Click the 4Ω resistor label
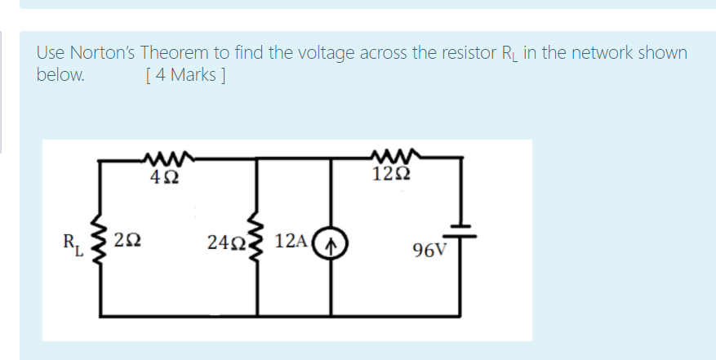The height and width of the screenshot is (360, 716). coord(161,174)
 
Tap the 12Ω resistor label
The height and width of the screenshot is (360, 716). coord(390,174)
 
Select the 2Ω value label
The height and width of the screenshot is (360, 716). coord(127,240)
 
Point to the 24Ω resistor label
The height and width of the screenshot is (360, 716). coord(225,242)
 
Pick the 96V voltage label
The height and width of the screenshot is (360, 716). coord(430,250)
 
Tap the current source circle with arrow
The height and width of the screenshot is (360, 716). coord(331,242)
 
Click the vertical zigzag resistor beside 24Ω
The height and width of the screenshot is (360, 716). coord(260,242)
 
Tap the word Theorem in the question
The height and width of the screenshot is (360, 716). coord(175,54)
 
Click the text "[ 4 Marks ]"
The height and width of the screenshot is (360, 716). coord(185,75)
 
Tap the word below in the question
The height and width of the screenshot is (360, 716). coord(60,75)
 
